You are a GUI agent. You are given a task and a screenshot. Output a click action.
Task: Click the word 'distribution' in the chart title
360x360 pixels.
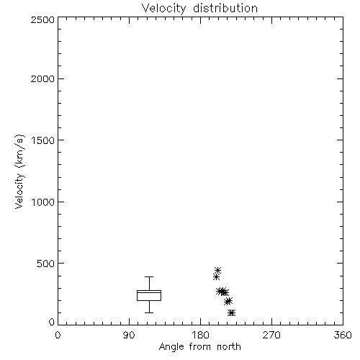[x=225, y=8]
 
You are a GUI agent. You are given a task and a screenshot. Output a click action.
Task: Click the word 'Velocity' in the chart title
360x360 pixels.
[x=164, y=9]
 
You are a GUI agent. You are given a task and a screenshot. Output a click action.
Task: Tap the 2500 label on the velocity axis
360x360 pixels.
[x=42, y=19]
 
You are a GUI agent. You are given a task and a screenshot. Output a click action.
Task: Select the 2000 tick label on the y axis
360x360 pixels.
[x=42, y=78]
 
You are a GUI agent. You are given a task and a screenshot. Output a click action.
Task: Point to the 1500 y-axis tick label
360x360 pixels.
[x=43, y=140]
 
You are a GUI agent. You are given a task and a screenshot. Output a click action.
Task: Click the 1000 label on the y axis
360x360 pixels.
[x=43, y=202]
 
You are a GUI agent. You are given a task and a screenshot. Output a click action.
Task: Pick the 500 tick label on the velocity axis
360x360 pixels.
[x=46, y=264]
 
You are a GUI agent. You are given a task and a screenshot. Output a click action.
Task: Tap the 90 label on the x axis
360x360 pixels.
[x=129, y=335]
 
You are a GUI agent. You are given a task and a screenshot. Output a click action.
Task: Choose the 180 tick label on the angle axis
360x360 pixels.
[x=200, y=335]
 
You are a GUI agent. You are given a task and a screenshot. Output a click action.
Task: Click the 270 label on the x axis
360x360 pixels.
[x=271, y=335]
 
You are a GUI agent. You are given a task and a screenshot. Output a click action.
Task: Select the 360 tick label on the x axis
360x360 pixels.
[x=343, y=335]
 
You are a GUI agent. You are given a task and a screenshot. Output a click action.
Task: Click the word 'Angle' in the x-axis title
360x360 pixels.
[x=171, y=347]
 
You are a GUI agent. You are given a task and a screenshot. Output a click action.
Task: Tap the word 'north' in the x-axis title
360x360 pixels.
[x=229, y=346]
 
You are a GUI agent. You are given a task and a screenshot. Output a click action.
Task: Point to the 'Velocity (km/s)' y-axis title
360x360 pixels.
[x=19, y=171]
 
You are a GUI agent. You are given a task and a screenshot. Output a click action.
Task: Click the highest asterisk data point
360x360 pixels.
[x=217, y=271]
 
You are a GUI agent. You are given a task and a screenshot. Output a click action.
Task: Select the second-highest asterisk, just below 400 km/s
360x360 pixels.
[x=216, y=277]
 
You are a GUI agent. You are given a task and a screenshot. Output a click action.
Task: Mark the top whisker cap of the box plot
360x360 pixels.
[x=149, y=276]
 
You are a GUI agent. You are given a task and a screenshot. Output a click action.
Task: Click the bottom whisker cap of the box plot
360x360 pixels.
[x=149, y=312]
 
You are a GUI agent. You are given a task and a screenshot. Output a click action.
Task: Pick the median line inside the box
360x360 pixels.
[x=149, y=292]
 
